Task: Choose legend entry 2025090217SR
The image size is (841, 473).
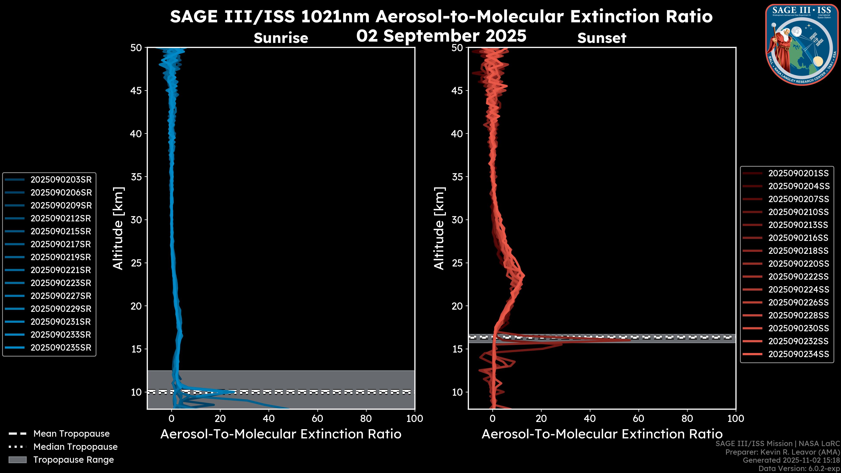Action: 61,244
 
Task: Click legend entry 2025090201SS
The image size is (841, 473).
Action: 798,173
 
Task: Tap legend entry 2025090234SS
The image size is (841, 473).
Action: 798,354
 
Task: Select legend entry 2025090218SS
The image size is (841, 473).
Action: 798,251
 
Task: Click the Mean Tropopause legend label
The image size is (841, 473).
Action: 71,434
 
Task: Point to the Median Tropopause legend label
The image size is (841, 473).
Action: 75,447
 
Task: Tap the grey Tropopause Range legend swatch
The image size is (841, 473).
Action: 18,460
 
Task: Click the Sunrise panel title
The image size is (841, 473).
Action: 281,38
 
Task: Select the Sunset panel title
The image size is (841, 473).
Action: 602,38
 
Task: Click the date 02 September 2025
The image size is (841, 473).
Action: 441,36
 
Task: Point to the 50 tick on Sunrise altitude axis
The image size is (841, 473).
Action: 136,48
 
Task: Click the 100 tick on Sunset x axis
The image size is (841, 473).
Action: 736,418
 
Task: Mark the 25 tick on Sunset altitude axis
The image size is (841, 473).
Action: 457,263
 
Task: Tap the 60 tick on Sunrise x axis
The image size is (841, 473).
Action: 317,418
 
